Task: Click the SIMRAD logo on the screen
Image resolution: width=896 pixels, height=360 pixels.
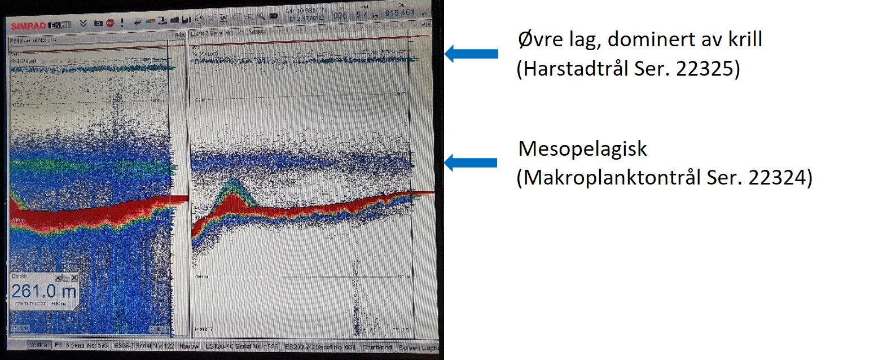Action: point(29,26)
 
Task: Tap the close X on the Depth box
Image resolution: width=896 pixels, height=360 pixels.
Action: point(74,278)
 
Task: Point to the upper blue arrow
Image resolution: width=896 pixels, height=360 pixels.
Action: point(471,54)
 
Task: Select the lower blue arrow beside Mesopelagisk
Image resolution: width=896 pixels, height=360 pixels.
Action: point(471,163)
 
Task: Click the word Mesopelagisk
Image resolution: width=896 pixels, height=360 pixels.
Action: point(582,149)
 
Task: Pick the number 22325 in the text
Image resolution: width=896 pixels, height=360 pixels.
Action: point(708,69)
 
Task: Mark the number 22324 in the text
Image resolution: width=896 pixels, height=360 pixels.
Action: point(780,178)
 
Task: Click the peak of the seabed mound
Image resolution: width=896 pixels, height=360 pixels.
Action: point(231,182)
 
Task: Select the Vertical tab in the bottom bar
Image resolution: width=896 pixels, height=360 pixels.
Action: point(38,345)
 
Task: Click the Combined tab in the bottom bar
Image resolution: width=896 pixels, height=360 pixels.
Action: point(377,346)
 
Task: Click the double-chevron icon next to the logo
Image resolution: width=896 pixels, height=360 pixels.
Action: point(83,24)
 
